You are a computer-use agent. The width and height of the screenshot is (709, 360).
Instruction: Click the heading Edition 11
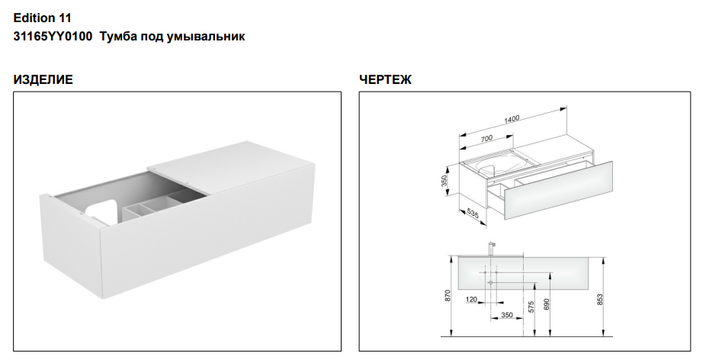click(42, 18)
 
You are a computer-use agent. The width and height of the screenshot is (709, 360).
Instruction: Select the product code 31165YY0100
click(53, 36)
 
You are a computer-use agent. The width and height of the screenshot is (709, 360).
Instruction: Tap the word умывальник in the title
click(206, 37)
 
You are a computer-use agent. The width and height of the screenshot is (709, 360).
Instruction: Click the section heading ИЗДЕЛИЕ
click(43, 79)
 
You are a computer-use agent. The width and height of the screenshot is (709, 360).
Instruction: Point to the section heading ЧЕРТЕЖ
click(385, 79)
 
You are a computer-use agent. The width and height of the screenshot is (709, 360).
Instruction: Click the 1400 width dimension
click(512, 120)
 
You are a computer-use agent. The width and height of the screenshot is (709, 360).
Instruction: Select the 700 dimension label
click(486, 138)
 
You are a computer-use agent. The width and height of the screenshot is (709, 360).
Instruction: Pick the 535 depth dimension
click(473, 212)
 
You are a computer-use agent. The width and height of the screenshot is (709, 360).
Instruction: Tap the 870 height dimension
click(448, 296)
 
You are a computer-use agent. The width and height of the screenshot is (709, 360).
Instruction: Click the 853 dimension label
click(599, 301)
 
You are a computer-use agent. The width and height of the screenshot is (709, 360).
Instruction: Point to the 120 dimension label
click(472, 300)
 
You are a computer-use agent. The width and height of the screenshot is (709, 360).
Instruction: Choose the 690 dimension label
click(546, 304)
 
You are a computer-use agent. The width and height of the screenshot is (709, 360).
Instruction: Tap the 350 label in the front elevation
click(507, 315)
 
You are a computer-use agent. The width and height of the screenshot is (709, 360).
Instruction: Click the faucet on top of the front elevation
click(492, 249)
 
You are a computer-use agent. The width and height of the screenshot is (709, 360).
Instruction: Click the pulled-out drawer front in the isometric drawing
click(558, 191)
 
